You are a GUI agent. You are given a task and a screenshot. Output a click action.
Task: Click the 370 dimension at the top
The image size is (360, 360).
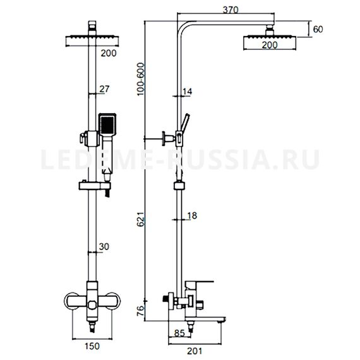pyautogui.click(x=231, y=9)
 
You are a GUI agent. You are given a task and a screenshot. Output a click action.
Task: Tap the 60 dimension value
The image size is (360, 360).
pyautogui.click(x=318, y=30)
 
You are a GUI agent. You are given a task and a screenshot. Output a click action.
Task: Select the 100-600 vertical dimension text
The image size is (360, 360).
pyautogui.click(x=141, y=79)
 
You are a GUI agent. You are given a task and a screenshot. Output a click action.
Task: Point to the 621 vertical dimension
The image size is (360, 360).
pyautogui.click(x=140, y=219)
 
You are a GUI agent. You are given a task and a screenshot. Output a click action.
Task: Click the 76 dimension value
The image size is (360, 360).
pyautogui.click(x=140, y=311)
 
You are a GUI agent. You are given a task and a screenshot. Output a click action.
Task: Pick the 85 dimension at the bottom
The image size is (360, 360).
pyautogui.click(x=179, y=333)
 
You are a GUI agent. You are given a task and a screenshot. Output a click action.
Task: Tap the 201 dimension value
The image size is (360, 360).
pyautogui.click(x=195, y=351)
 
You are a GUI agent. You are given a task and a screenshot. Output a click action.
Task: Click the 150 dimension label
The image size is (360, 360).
pyautogui.click(x=92, y=346)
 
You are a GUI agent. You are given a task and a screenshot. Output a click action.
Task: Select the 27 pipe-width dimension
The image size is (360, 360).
pyautogui.click(x=104, y=89)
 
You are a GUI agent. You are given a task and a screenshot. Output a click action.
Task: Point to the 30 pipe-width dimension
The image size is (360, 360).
pyautogui.click(x=104, y=246)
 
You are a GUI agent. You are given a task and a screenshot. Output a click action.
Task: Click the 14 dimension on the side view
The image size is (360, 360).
pyautogui.click(x=188, y=92)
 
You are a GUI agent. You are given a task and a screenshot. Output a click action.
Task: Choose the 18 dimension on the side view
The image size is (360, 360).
pyautogui.click(x=192, y=215)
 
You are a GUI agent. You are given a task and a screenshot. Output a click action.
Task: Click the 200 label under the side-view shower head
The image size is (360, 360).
pyautogui.click(x=270, y=45)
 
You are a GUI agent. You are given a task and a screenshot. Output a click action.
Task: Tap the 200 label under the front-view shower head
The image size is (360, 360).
pyautogui.click(x=109, y=53)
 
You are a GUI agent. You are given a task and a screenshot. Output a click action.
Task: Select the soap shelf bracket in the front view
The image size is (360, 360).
pyautogui.click(x=95, y=186)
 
